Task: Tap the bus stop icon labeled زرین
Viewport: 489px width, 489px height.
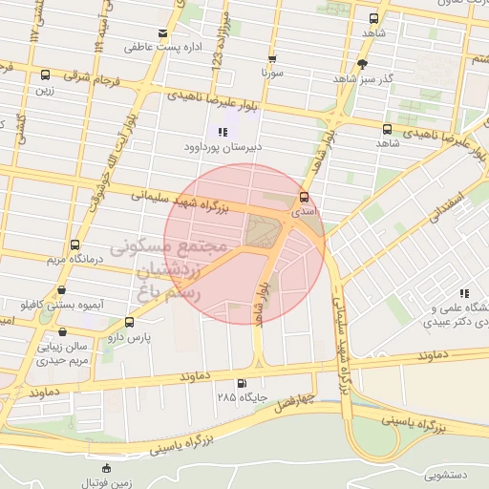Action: point(45,75)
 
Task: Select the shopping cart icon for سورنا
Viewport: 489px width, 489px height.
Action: point(272,58)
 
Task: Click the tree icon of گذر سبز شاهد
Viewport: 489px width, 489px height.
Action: point(361,64)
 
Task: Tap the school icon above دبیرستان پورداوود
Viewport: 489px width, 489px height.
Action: point(223,133)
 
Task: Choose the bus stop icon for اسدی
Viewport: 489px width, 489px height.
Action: point(304,196)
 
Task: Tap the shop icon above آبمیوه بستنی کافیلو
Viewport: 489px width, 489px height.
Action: point(62,289)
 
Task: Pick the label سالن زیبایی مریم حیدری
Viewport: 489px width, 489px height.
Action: point(62,354)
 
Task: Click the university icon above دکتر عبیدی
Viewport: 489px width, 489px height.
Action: point(463,293)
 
